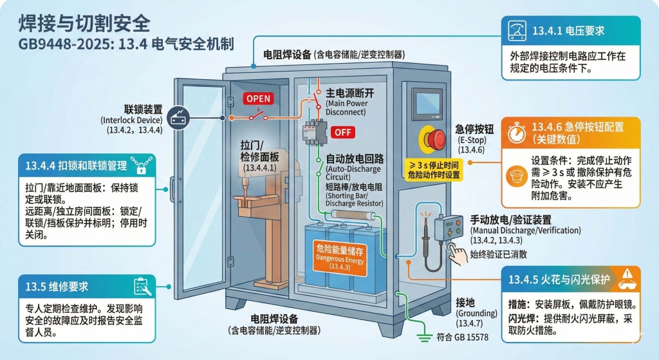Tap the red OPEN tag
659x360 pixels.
259,99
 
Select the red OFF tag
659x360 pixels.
342,132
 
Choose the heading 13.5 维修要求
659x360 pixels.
57,286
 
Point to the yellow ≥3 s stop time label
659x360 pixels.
434,169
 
